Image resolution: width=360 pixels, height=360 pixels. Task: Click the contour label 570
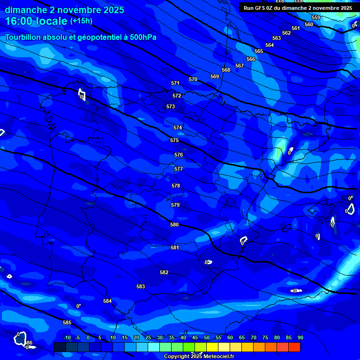tap(193, 79)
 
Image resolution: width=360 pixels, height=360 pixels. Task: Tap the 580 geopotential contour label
tap(174, 225)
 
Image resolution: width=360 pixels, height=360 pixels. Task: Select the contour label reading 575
tap(174, 140)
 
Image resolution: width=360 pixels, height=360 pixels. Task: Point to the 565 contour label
tap(259, 51)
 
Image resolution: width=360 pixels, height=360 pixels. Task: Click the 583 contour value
tap(141, 286)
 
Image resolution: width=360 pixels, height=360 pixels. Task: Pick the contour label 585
tap(67, 322)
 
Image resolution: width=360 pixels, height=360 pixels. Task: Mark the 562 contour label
tap(286, 33)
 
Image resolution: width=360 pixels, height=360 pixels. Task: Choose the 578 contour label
tap(176, 186)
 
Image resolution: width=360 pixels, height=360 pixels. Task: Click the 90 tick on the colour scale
tap(300, 337)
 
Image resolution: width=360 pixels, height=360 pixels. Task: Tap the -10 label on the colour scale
tap(67, 337)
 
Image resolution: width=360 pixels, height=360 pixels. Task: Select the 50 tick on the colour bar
tap(207, 337)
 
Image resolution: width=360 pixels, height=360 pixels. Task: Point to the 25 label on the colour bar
tap(148, 337)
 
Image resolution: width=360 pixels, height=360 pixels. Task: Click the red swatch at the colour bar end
tap(294, 347)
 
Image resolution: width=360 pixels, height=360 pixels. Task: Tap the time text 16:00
tap(21, 21)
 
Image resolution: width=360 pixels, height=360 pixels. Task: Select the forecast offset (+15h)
tap(81, 21)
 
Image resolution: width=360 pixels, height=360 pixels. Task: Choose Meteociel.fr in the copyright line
tap(222, 357)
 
